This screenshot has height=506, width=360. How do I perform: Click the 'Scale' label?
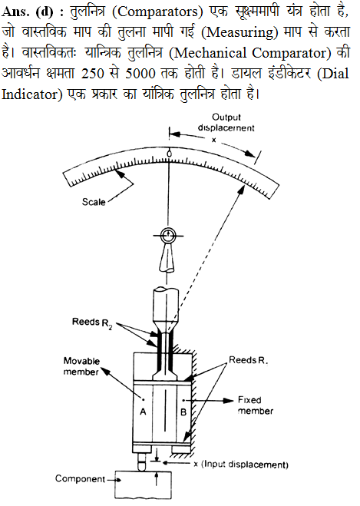[x=94, y=202]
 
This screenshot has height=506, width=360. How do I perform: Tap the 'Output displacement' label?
[x=226, y=123]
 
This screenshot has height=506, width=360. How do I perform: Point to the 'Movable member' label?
[x=81, y=366]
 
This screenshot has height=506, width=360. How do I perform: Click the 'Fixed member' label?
[x=256, y=405]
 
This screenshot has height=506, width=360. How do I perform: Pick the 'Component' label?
[x=80, y=478]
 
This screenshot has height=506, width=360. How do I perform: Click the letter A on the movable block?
[x=143, y=412]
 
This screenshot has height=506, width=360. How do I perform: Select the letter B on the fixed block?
[x=183, y=412]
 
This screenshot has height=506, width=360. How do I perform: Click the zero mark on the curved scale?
[x=169, y=154]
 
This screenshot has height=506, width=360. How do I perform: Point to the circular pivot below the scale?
[x=168, y=236]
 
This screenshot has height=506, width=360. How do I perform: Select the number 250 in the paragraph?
[x=93, y=74]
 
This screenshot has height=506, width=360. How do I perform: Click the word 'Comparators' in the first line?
[x=158, y=12]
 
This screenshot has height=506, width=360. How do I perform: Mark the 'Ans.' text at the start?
[x=16, y=12]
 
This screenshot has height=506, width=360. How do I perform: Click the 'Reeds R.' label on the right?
[x=249, y=360]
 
